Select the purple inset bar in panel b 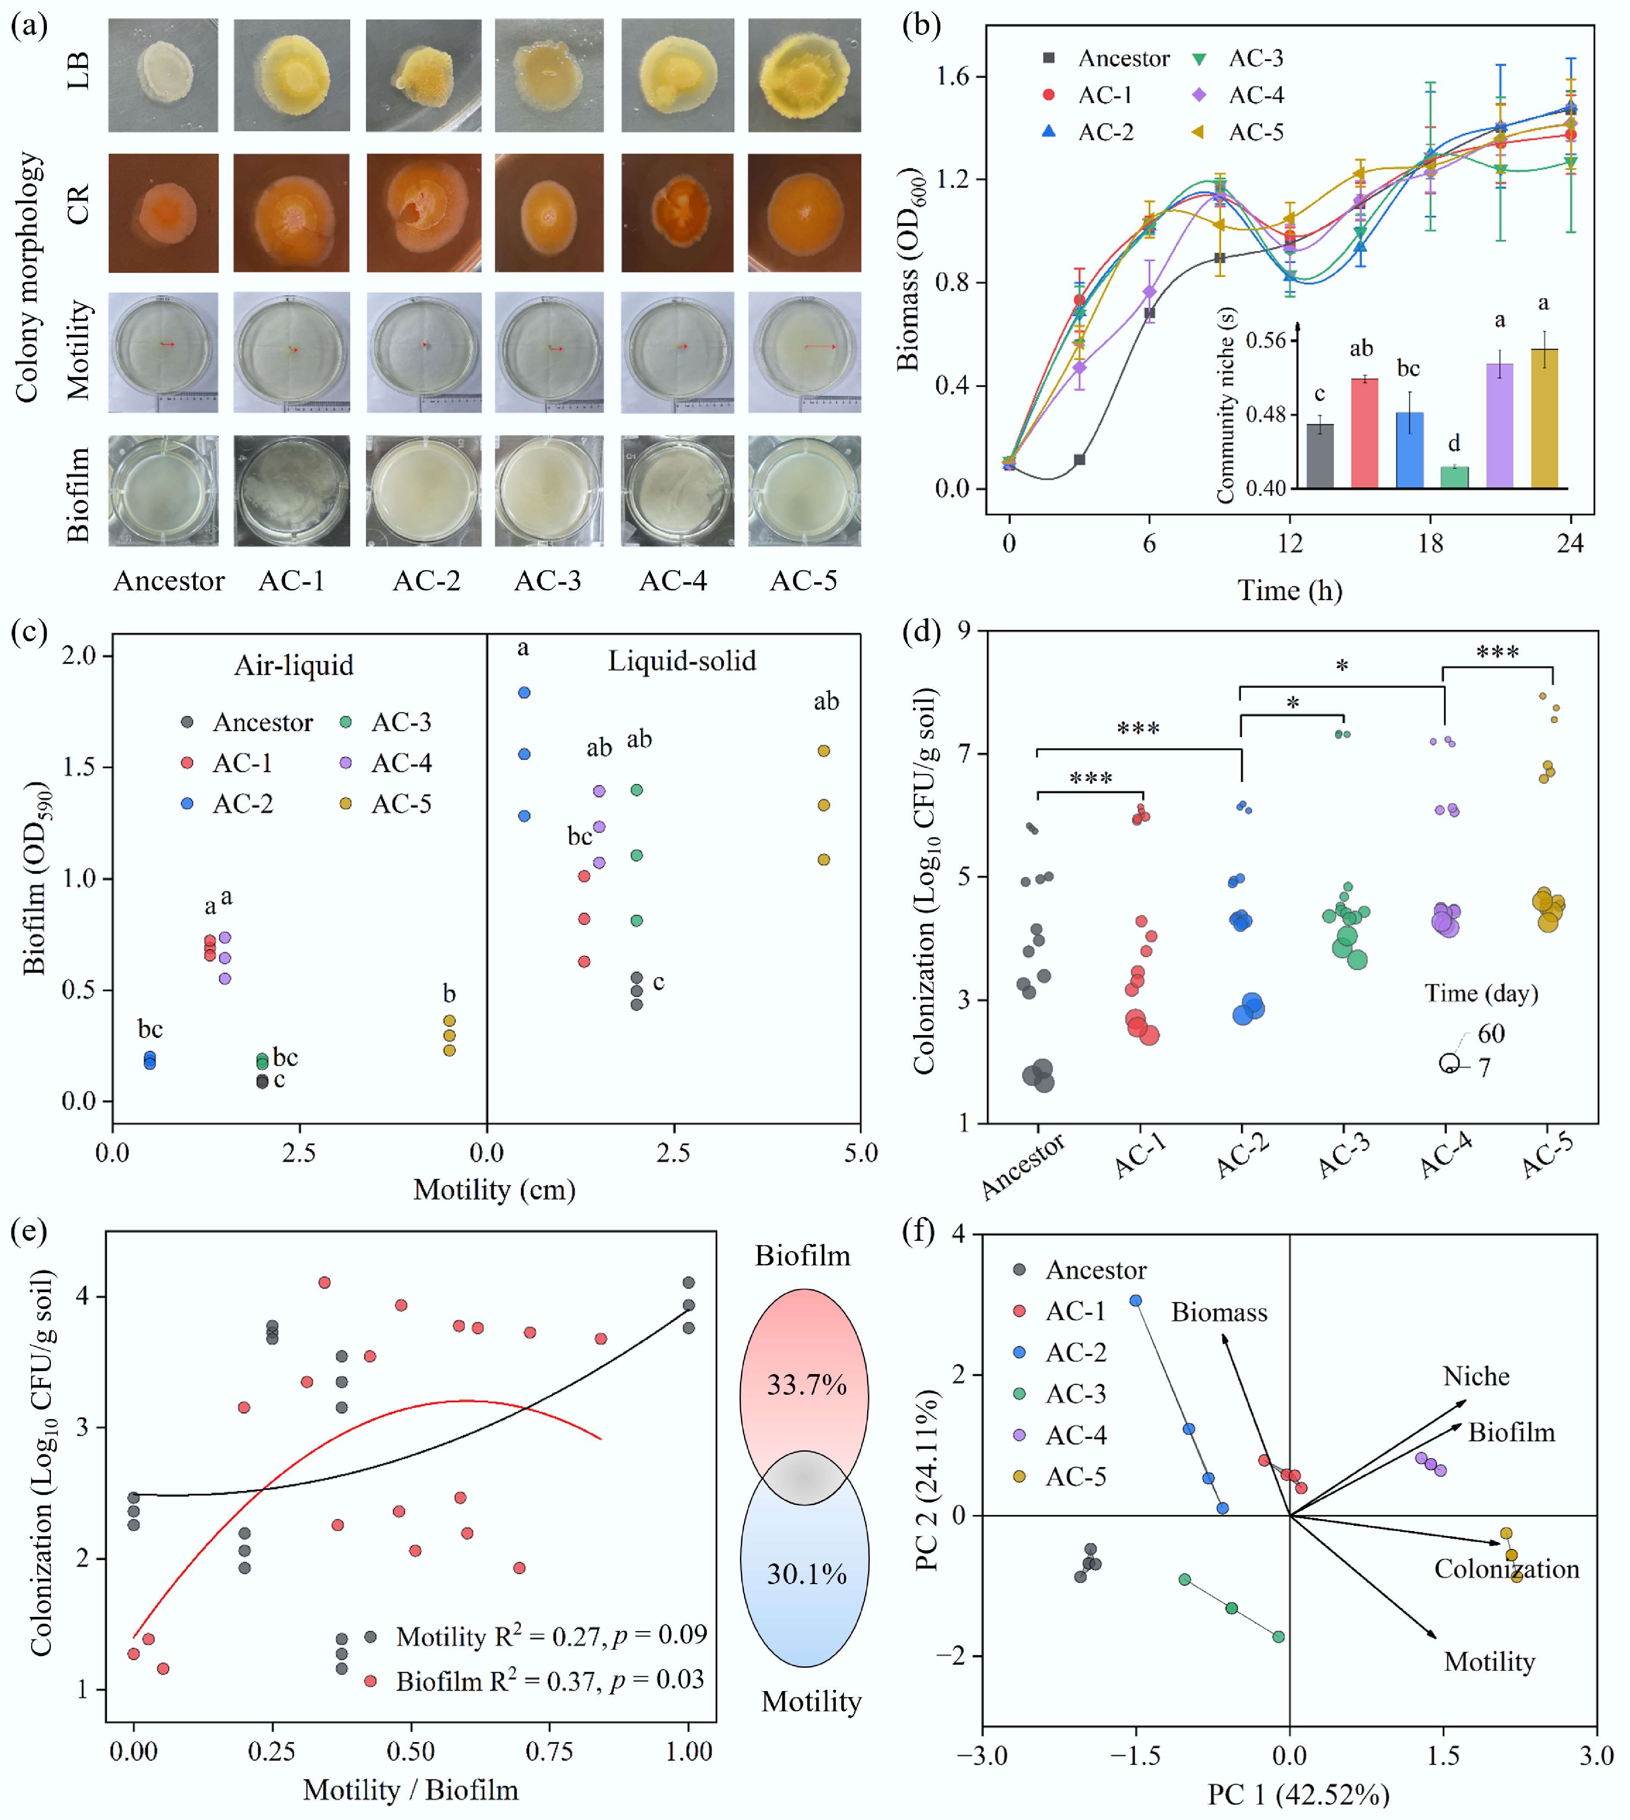pos(1499,425)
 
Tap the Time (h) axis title pos(1290,590)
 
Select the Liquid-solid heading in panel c pos(682,661)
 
